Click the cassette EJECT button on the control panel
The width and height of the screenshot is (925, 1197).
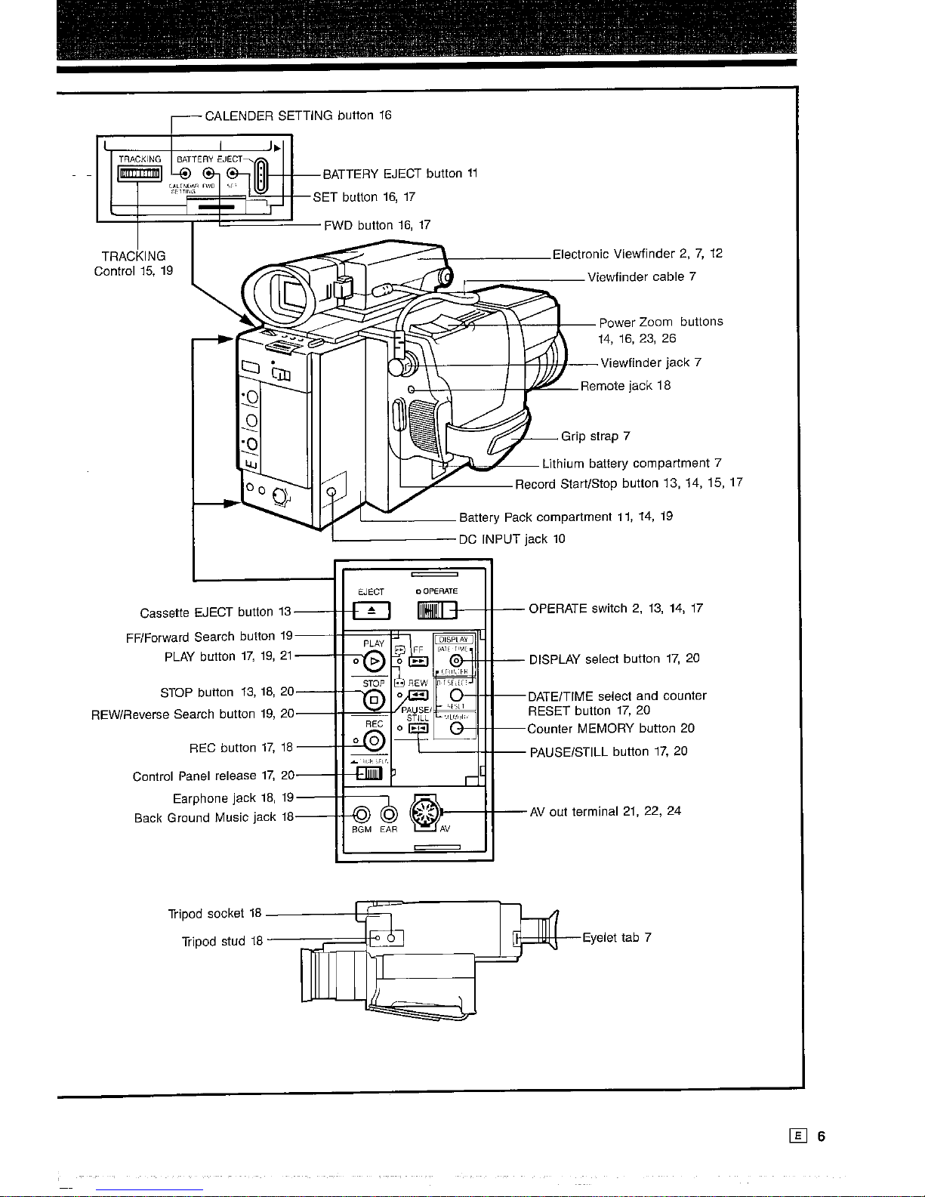(x=371, y=609)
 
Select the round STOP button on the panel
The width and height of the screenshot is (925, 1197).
(x=373, y=700)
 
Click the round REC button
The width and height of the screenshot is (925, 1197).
(x=373, y=741)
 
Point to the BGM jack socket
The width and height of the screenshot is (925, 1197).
(x=362, y=814)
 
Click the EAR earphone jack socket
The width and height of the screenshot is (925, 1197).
(x=389, y=814)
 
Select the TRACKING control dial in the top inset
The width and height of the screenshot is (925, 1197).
(x=138, y=175)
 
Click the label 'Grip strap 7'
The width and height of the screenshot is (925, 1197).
(x=595, y=437)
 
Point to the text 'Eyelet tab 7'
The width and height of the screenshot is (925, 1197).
(x=616, y=938)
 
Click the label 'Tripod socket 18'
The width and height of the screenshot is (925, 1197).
(x=214, y=914)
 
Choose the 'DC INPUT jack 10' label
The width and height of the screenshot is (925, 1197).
(x=512, y=539)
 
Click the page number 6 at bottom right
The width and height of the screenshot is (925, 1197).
(x=821, y=1137)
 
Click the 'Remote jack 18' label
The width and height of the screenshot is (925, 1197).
(x=625, y=386)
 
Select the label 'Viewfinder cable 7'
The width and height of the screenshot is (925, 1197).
(x=641, y=277)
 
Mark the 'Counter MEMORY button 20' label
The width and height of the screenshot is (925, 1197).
(x=611, y=729)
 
